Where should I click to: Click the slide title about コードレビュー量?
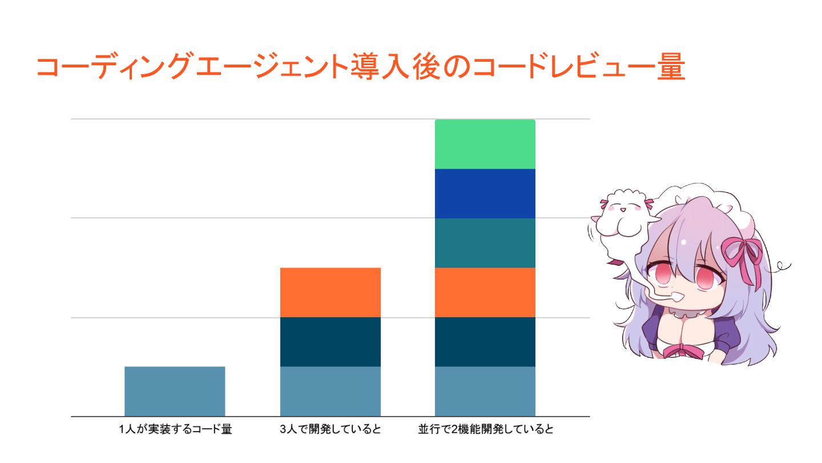click(x=360, y=67)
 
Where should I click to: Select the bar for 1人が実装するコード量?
click(x=175, y=391)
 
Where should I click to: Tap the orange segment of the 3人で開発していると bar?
click(x=331, y=292)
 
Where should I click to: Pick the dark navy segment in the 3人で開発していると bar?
click(x=331, y=342)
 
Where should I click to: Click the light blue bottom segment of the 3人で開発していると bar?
click(x=331, y=391)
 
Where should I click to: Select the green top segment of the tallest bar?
click(x=485, y=144)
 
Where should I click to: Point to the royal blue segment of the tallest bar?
click(x=485, y=193)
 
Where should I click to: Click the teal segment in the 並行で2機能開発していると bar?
click(x=485, y=243)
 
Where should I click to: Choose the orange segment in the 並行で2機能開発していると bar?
click(x=485, y=292)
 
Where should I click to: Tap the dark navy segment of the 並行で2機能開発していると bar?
click(x=485, y=342)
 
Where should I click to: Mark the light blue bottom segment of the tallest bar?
click(x=485, y=391)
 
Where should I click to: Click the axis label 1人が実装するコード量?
click(x=175, y=430)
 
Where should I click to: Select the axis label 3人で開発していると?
click(x=331, y=430)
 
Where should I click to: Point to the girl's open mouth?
click(x=679, y=298)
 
